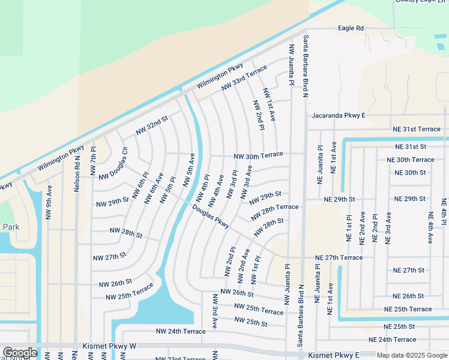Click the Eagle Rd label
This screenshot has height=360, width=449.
click(x=351, y=28)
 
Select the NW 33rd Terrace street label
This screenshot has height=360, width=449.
click(x=244, y=79)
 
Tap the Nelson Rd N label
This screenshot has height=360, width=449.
click(x=77, y=173)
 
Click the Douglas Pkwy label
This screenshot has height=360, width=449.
click(x=211, y=217)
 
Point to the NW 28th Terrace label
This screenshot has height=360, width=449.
click(x=275, y=211)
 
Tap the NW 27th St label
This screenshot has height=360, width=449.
click(x=109, y=256)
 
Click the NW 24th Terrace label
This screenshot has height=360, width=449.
click(x=181, y=331)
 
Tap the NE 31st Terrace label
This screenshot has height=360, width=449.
click(x=417, y=129)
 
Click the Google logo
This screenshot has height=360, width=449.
click(x=19, y=353)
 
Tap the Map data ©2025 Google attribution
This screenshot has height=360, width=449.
click(x=411, y=355)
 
